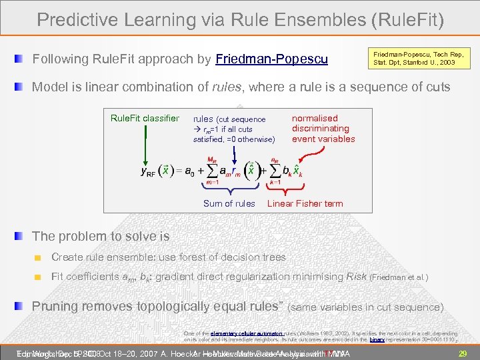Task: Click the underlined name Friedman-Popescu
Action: click(272, 59)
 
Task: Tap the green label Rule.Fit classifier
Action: click(145, 119)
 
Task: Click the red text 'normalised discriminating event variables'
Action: click(323, 129)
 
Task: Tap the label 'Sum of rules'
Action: click(229, 203)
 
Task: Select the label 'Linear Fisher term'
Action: click(305, 203)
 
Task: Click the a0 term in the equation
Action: click(193, 172)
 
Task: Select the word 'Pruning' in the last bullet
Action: click(57, 307)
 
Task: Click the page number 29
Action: click(463, 353)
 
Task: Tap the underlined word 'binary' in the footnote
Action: click(377, 339)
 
